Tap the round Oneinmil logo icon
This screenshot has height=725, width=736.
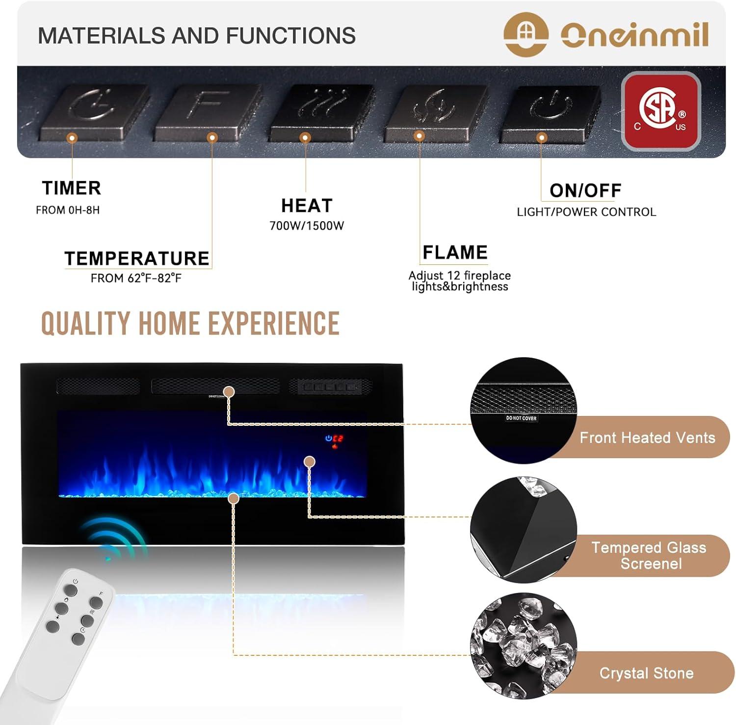tap(526, 34)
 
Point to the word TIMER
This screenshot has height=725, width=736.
tap(72, 188)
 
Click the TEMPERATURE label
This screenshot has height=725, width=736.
tap(137, 259)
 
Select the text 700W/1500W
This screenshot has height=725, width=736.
tap(307, 226)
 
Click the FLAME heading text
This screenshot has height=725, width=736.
tap(455, 253)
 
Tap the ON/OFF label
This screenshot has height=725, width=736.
tap(585, 190)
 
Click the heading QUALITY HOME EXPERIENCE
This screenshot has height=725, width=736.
tap(190, 324)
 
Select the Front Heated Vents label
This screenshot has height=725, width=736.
tap(647, 438)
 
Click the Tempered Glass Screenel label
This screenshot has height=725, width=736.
tap(649, 555)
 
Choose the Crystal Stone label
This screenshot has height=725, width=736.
tap(646, 673)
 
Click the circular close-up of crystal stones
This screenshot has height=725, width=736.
tap(523, 645)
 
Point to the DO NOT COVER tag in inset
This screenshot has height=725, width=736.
tap(521, 418)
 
